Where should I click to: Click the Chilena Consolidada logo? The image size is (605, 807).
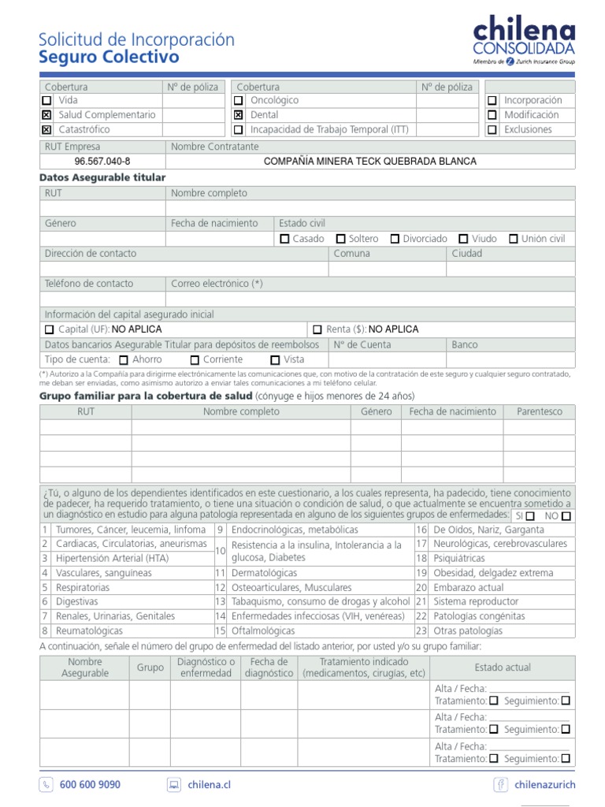(524, 41)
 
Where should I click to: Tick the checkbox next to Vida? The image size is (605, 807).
(46, 101)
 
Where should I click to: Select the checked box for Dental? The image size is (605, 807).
(238, 115)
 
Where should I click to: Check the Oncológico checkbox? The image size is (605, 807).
(238, 101)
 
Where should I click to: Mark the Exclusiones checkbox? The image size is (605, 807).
(492, 129)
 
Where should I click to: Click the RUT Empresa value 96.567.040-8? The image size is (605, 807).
(102, 162)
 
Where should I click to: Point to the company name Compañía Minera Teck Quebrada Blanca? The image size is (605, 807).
(369, 162)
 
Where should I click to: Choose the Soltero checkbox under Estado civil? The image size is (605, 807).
(341, 239)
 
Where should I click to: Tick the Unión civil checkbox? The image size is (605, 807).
(514, 239)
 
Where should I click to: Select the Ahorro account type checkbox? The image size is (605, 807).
(124, 359)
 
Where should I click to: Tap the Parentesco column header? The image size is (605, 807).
(540, 411)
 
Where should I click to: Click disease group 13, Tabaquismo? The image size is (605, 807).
(321, 601)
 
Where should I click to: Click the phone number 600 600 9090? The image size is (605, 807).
(90, 785)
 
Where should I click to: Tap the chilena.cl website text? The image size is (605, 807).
(209, 785)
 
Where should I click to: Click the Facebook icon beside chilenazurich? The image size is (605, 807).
(500, 785)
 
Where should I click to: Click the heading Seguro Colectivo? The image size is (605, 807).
(109, 58)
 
